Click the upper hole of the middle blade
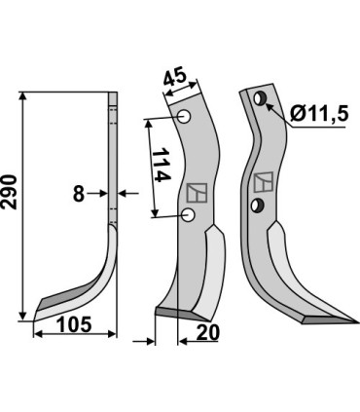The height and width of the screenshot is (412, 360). click(185, 118)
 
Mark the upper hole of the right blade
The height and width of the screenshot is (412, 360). click(260, 98)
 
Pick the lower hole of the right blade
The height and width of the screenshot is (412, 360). click(259, 204)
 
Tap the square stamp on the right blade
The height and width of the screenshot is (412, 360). click(262, 182)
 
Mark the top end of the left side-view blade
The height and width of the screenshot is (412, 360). click(112, 94)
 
